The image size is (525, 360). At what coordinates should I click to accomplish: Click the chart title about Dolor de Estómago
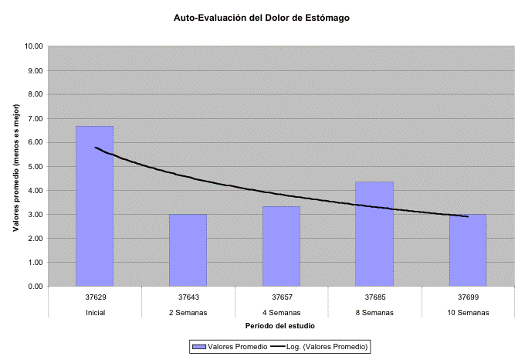pyautogui.click(x=262, y=17)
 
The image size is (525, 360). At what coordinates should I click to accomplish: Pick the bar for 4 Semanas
pyautogui.click(x=282, y=246)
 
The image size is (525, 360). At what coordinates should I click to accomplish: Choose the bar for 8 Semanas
pyautogui.click(x=375, y=233)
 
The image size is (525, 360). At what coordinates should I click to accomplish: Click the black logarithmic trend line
pyautogui.click(x=232, y=186)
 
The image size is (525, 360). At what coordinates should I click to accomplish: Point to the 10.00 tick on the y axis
pyautogui.click(x=33, y=46)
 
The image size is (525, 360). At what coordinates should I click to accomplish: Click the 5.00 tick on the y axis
pyautogui.click(x=35, y=166)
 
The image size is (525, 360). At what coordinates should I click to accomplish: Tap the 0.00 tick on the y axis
pyautogui.click(x=35, y=287)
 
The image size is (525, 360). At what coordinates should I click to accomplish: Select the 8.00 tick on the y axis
pyautogui.click(x=35, y=94)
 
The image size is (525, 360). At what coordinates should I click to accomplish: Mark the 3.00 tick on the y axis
pyautogui.click(x=35, y=214)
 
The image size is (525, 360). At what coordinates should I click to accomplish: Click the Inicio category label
pyautogui.click(x=95, y=312)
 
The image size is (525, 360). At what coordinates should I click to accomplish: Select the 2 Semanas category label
pyautogui.click(x=188, y=312)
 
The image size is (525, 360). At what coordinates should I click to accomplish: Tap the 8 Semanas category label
pyautogui.click(x=375, y=312)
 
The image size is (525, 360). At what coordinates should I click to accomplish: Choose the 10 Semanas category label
pyautogui.click(x=468, y=312)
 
